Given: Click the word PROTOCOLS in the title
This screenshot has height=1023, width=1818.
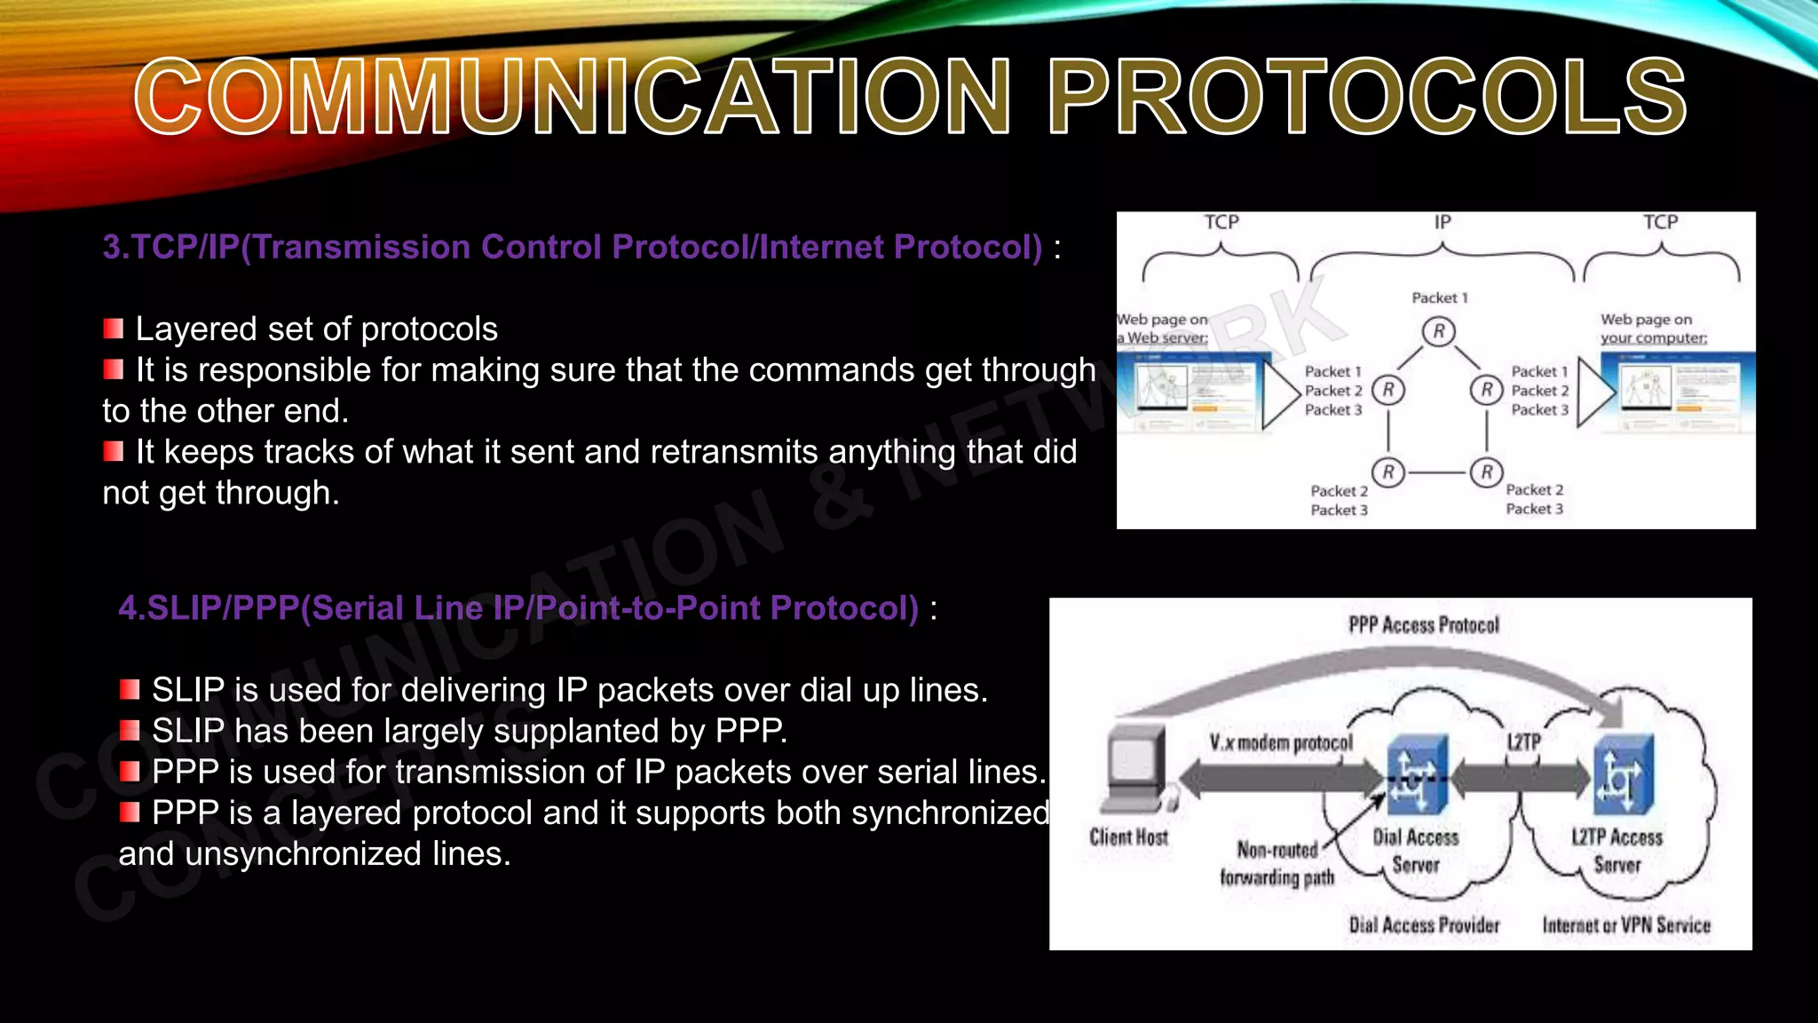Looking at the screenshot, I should click(x=1367, y=96).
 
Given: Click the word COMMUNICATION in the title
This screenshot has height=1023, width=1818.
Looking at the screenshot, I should click(x=573, y=96).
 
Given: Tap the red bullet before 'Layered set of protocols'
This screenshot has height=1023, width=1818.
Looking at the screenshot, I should click(x=113, y=329).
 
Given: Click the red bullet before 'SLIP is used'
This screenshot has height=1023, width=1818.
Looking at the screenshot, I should click(x=130, y=690).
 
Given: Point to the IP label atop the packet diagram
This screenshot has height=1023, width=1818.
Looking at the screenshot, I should click(x=1443, y=222).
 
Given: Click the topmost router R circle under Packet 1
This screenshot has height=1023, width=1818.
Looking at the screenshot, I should click(x=1438, y=332).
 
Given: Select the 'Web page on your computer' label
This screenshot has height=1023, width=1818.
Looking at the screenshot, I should click(x=1653, y=329).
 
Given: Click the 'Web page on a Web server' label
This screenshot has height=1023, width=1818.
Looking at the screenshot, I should click(x=1163, y=329).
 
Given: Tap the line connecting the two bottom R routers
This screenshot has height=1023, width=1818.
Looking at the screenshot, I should click(x=1437, y=472).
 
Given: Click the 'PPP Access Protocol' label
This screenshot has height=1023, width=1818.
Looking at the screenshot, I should click(x=1424, y=625).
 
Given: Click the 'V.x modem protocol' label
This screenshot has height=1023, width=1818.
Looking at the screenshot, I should click(x=1280, y=742).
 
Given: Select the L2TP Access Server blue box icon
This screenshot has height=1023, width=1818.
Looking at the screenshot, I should click(x=1623, y=774).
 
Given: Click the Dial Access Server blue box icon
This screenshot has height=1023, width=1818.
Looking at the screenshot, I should click(x=1417, y=774).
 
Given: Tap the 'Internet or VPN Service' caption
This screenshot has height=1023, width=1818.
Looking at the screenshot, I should click(x=1625, y=925).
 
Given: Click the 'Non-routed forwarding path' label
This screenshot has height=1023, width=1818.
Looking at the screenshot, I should click(x=1277, y=864).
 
